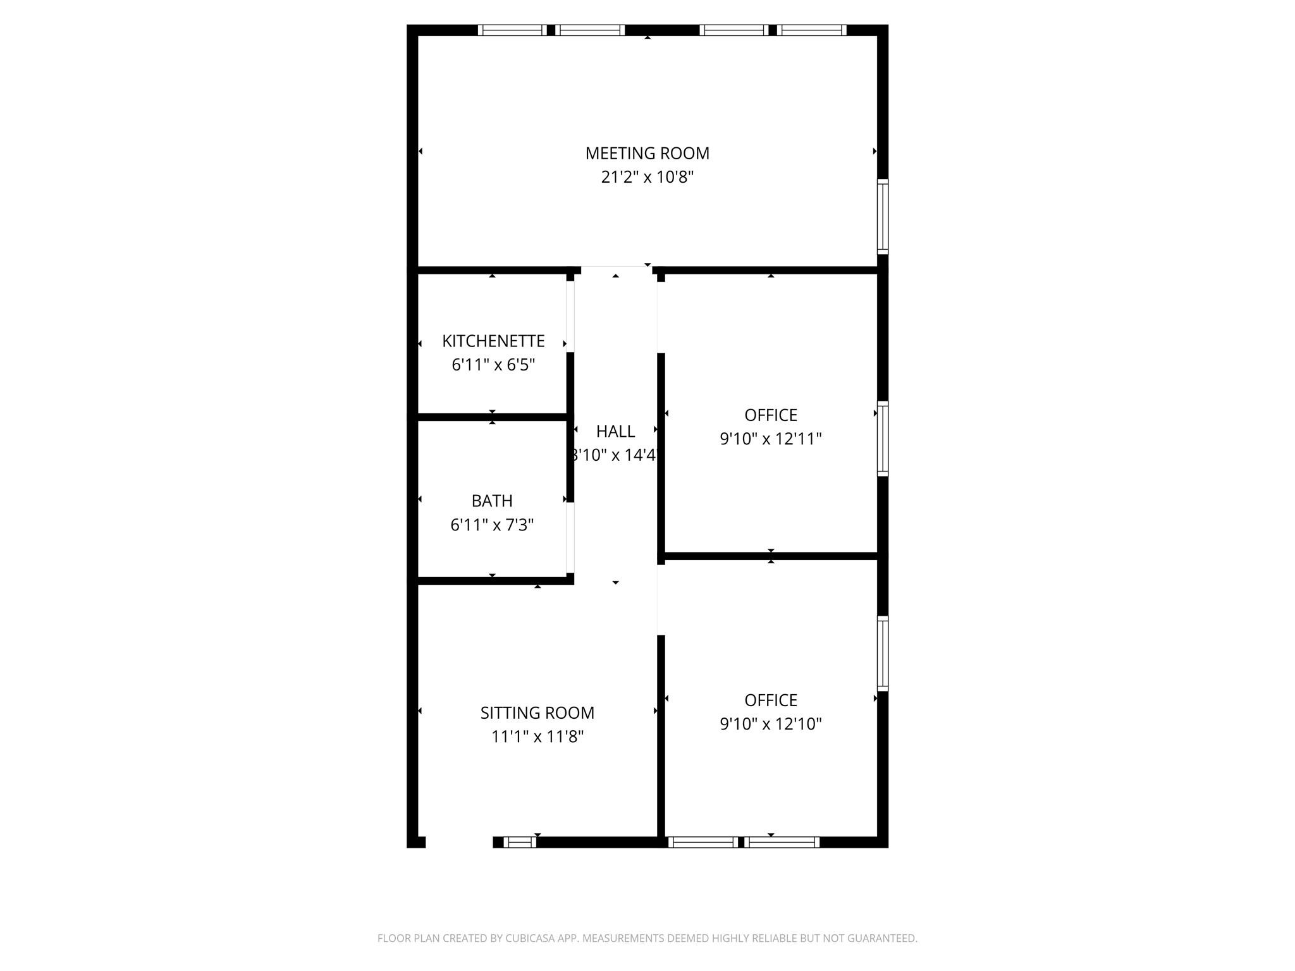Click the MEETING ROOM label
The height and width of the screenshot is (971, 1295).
pos(647,153)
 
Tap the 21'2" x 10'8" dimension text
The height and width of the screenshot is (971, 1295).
pos(647,177)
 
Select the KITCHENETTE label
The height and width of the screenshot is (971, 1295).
pos(493,341)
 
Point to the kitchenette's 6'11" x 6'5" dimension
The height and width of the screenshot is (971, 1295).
pos(493,365)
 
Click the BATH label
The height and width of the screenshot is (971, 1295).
pos(492,501)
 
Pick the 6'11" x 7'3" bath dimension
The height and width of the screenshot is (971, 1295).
pos(492,525)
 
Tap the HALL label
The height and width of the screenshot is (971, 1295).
pos(615,431)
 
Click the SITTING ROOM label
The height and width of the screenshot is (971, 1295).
pos(537,713)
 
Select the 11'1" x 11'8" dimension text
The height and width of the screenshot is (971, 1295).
pos(537,736)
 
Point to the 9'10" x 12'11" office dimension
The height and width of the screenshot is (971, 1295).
pos(770,439)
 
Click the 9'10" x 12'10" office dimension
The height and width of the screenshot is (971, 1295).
pos(770,724)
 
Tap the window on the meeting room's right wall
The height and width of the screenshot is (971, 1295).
pos(883,216)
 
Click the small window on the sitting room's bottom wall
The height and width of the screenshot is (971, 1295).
pos(520,842)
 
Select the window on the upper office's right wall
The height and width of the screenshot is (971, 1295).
pos(883,438)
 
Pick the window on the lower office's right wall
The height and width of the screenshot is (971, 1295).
pos(883,653)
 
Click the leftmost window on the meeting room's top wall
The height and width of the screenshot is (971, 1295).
pos(512,30)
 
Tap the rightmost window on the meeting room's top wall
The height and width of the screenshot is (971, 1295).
pos(812,30)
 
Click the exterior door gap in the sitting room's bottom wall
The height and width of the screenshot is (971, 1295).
pos(459,842)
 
